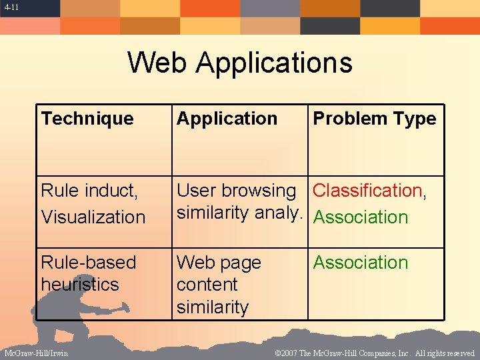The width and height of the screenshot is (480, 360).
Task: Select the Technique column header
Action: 87,119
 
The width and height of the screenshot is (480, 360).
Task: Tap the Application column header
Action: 227,119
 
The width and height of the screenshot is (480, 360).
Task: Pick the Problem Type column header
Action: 375,119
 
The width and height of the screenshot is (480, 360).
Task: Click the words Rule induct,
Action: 89,191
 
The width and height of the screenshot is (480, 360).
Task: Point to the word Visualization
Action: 93,217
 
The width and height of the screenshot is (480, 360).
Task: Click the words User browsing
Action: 236,191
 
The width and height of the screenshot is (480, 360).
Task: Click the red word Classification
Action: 367,191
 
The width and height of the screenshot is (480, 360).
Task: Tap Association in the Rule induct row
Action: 361,217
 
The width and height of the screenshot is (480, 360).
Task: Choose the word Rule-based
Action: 88,263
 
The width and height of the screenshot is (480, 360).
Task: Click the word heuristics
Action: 79,285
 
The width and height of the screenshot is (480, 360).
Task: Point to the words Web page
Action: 219,263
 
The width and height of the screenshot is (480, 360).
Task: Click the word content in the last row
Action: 207,285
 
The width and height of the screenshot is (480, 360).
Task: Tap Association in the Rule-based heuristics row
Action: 361,263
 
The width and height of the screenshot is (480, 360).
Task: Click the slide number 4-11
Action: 10,7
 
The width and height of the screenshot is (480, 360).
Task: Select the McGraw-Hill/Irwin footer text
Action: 36,353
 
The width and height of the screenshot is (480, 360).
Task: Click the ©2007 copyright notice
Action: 374,353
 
